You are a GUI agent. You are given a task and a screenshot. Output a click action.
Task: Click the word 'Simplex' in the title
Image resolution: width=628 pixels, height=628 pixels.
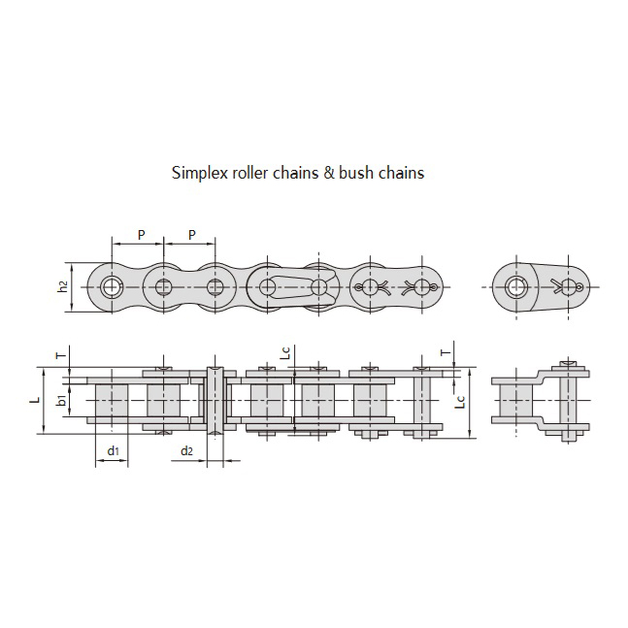point(197,174)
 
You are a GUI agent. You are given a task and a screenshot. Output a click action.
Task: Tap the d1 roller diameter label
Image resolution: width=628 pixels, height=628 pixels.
point(112,451)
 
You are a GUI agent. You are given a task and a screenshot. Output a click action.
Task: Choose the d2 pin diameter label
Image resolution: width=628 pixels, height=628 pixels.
point(187,451)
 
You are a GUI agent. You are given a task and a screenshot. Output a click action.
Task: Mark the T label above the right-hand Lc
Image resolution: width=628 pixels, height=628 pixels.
point(446,352)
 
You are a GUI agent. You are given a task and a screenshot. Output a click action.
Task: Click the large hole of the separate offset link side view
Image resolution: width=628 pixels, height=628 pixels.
point(516,287)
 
